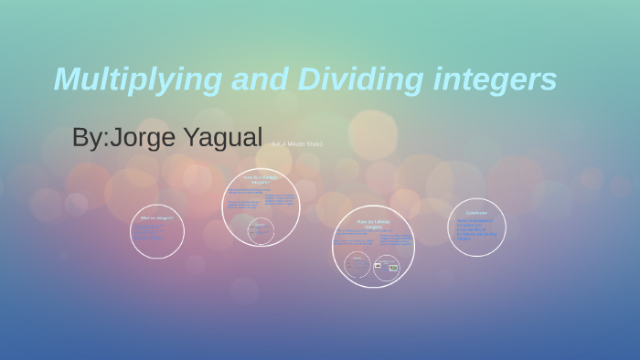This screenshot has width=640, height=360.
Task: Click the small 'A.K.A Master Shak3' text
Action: pyautogui.click(x=297, y=144)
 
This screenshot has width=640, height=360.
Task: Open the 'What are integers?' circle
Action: pyautogui.click(x=157, y=231)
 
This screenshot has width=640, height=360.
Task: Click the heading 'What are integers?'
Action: pyautogui.click(x=156, y=218)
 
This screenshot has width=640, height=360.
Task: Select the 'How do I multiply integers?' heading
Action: pyautogui.click(x=261, y=178)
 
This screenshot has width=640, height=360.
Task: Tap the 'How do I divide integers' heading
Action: pyautogui.click(x=373, y=223)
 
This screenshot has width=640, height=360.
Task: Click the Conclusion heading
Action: pyautogui.click(x=476, y=213)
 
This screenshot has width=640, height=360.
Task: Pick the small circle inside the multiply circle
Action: pyautogui.click(x=260, y=230)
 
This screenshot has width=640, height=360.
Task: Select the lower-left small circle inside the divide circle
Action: pyautogui.click(x=357, y=266)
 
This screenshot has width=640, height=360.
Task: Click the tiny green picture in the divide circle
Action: pyautogui.click(x=392, y=268)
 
